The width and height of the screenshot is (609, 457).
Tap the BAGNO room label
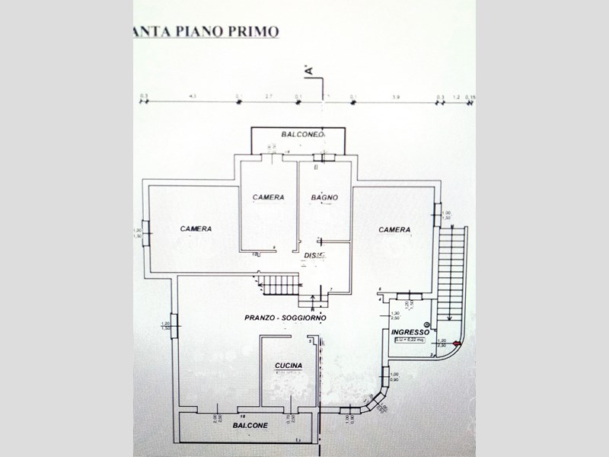coord(324,198)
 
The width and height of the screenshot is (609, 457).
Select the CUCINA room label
coord(289,366)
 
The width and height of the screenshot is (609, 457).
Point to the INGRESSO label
coord(410,333)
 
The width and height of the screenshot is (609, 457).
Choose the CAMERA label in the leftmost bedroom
coord(196,228)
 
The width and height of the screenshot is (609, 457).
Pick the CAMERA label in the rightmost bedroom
coord(395,229)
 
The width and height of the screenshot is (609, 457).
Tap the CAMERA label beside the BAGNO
coord(269,197)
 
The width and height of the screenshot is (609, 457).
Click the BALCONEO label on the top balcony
coord(303,134)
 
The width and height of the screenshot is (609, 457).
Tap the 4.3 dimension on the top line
coord(192,97)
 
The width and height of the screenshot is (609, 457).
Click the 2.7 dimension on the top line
coord(268,97)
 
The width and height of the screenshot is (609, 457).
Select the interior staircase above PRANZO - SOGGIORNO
coord(279,286)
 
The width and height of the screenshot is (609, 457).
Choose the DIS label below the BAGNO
coord(311,254)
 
